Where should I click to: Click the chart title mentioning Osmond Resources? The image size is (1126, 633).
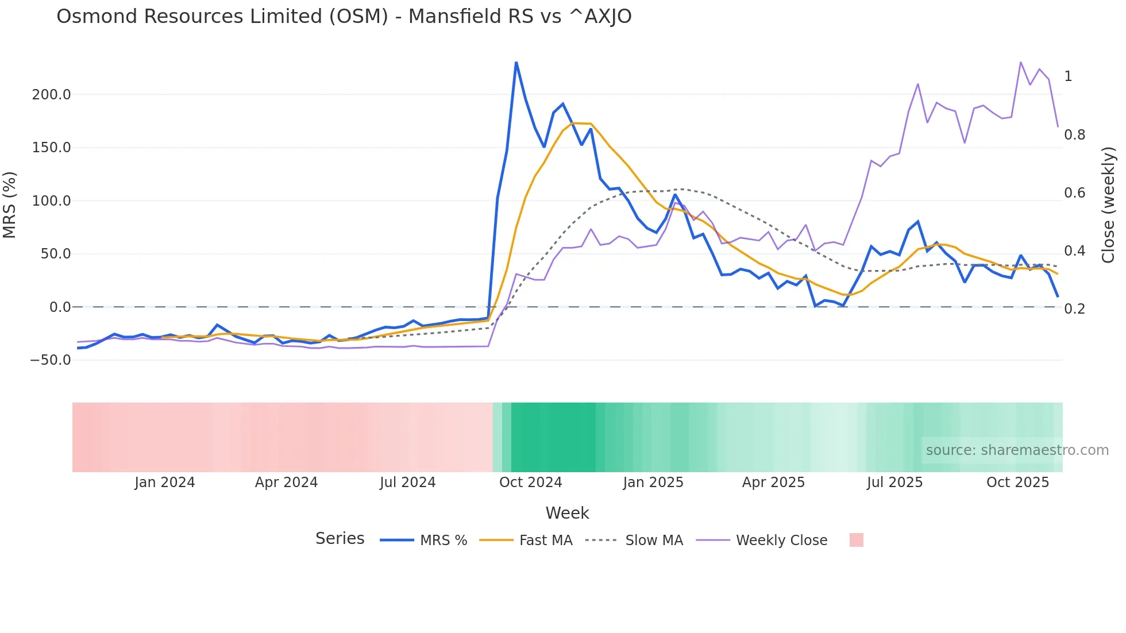344,17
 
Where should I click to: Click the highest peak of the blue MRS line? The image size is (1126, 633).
516,63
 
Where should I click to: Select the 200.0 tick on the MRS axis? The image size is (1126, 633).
51,95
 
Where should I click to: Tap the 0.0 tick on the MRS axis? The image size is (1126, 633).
60,307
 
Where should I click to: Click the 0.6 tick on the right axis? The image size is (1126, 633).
1074,193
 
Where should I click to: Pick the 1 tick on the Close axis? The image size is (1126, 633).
1068,76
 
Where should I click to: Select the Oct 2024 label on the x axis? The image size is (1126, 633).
530,483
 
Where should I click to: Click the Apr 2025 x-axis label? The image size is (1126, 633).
773,483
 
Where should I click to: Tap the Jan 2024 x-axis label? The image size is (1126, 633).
165,483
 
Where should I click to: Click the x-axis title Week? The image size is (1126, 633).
567,513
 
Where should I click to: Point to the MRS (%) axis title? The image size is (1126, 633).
10,204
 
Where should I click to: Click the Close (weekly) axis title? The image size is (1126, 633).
1108,204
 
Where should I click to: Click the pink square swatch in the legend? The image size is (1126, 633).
856,540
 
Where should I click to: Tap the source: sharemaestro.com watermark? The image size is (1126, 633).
1017,450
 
